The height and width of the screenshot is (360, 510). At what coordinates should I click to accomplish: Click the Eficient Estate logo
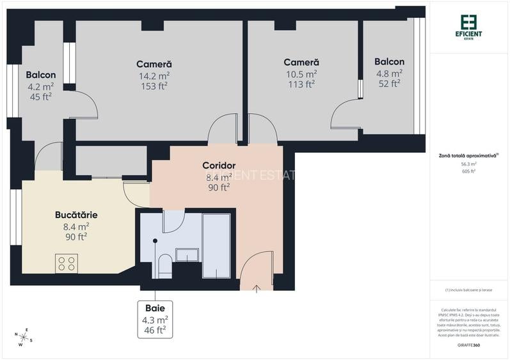[470, 27]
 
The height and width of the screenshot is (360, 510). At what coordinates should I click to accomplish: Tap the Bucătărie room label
[76, 215]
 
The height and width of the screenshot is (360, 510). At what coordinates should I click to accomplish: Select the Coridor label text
[219, 166]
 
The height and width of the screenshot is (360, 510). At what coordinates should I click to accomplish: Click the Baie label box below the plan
[155, 319]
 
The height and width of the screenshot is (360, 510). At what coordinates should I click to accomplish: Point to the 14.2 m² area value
[154, 75]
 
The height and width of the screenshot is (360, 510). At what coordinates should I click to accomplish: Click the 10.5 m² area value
[301, 73]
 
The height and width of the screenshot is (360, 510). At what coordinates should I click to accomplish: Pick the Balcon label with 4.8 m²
[389, 62]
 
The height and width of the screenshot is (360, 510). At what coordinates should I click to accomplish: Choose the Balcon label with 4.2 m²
[41, 75]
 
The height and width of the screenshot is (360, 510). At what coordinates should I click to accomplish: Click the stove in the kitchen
[67, 262]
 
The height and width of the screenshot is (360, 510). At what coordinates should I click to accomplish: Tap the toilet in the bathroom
[164, 265]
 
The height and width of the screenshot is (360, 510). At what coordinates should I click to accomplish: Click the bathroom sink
[187, 254]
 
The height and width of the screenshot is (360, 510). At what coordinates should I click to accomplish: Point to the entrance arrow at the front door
[256, 288]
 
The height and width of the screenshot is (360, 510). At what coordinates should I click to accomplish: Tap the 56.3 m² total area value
[470, 164]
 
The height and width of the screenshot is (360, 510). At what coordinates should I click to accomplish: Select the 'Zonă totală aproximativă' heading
[468, 155]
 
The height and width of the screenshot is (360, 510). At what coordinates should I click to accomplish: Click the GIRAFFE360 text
[470, 345]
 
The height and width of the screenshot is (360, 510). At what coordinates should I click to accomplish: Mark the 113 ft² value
[301, 84]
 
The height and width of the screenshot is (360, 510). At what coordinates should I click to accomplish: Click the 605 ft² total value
[470, 171]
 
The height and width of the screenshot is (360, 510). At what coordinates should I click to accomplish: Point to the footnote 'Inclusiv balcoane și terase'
[470, 290]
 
